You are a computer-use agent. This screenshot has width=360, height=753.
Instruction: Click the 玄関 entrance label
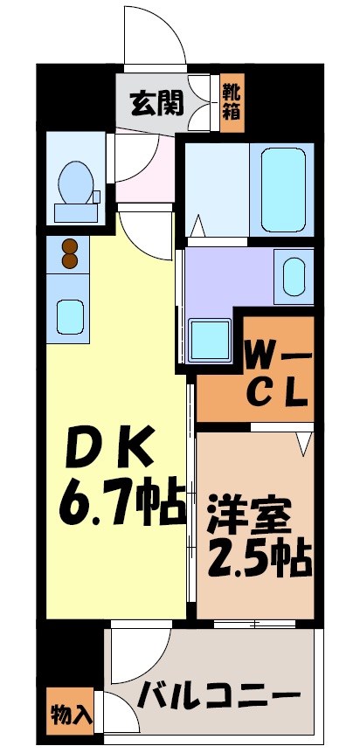[157, 104]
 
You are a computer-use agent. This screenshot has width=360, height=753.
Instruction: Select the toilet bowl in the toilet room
[73, 182]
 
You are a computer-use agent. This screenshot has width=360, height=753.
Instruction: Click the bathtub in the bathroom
[280, 187]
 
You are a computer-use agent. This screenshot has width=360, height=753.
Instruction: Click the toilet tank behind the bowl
[73, 211]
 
